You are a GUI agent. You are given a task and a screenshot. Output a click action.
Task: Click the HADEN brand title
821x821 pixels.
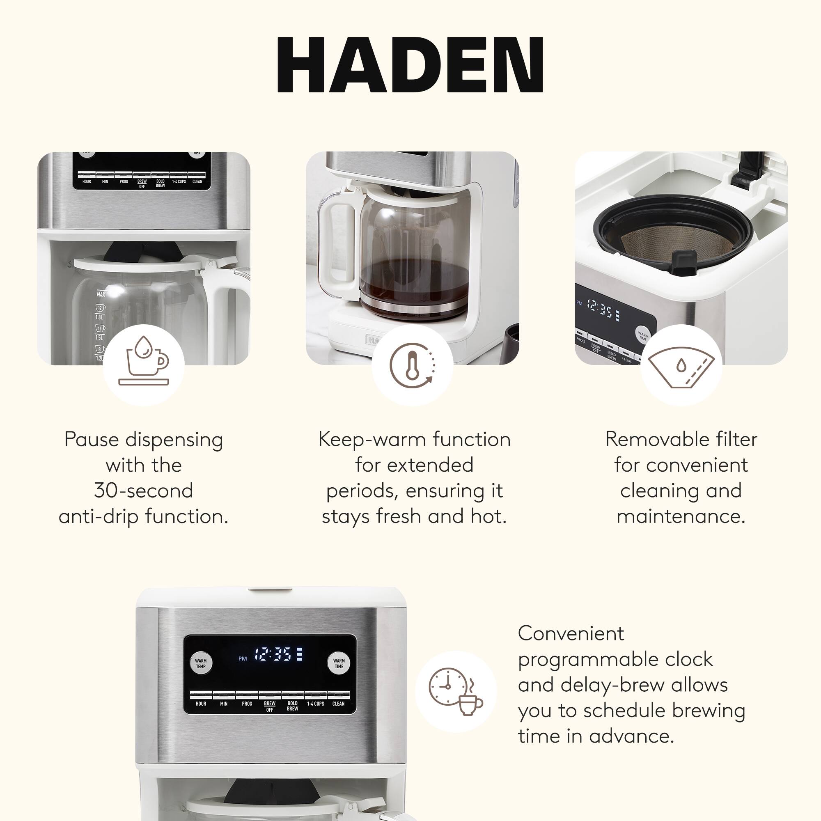[410, 64]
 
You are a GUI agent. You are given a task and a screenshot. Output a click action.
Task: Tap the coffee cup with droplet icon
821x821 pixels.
[144, 365]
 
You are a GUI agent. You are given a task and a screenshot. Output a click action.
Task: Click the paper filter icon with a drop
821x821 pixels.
[681, 365]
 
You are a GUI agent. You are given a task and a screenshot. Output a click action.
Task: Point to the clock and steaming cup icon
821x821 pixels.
[456, 691]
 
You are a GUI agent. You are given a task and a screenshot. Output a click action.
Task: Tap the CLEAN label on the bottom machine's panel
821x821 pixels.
[338, 704]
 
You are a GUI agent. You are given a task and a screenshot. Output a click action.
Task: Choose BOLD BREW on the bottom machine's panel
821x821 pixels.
[292, 706]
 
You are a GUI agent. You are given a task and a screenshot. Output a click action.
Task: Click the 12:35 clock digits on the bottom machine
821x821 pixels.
[273, 654]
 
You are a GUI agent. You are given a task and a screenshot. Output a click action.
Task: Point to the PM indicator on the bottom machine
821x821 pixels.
[242, 659]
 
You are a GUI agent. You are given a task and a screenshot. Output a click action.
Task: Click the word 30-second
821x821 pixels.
[144, 491]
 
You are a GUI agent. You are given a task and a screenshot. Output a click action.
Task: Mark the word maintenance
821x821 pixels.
[681, 517]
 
